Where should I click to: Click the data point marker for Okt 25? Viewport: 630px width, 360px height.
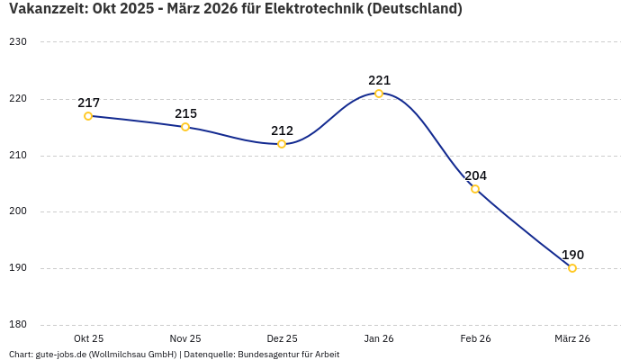(x=88, y=116)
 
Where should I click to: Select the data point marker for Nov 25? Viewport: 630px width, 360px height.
(x=185, y=127)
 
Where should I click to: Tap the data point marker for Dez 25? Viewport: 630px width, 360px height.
(x=282, y=144)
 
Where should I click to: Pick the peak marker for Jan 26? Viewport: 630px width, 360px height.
(x=379, y=94)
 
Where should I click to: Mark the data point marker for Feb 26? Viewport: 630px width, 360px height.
(x=475, y=189)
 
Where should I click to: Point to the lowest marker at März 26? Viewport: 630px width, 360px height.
(x=572, y=268)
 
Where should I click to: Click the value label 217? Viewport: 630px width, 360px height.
(x=88, y=103)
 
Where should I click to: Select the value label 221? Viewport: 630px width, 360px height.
(x=379, y=80)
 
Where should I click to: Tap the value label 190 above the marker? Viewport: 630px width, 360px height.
(x=572, y=255)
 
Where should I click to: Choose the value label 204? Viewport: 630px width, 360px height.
(x=475, y=175)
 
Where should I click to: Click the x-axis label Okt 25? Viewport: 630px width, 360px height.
(x=88, y=338)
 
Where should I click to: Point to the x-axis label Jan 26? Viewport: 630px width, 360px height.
(x=379, y=338)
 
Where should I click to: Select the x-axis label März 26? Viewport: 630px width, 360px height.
(x=572, y=338)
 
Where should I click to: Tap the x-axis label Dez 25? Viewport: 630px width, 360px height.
(x=282, y=338)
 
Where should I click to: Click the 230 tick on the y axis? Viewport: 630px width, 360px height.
(x=18, y=42)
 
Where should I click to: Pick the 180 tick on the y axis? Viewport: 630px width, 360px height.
(x=18, y=325)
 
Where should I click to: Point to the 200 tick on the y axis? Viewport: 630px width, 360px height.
(x=18, y=212)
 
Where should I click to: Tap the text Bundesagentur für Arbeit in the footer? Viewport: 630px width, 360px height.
(x=288, y=355)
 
